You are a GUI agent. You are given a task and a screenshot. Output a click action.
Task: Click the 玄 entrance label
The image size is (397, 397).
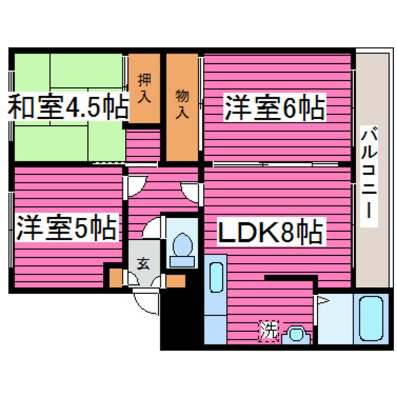coord(143,264)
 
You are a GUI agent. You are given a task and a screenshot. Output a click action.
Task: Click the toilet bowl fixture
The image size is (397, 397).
coord(181,246)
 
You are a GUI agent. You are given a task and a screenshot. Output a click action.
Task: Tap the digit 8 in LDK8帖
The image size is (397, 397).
coord(291,231)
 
